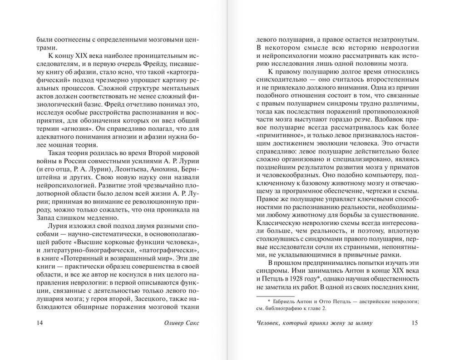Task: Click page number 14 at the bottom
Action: coord(39,323)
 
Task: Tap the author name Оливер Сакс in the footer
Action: coord(181,323)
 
